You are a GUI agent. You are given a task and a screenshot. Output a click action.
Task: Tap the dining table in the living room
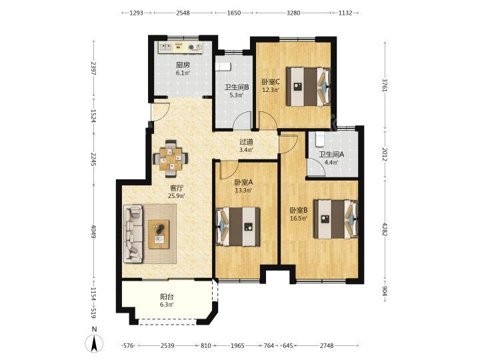[x=171, y=159]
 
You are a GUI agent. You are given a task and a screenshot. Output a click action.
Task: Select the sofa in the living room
[x=133, y=233]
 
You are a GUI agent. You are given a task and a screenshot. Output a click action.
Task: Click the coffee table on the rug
[x=159, y=234]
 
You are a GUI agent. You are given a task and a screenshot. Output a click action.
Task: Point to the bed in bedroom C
[x=308, y=87]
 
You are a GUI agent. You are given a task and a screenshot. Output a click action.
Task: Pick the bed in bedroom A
[x=238, y=227]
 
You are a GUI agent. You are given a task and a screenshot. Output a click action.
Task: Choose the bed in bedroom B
[x=335, y=219]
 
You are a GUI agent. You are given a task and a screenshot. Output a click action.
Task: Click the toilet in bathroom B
[x=223, y=67]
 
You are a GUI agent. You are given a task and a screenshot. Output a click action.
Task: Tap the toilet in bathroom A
[x=319, y=139]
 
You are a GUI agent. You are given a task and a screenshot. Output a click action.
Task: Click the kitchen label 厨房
[x=183, y=65]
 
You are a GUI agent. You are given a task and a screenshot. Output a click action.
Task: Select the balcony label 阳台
[x=167, y=297]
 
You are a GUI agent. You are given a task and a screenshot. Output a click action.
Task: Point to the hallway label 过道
[x=246, y=142]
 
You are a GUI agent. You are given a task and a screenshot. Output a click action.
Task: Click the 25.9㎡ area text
[x=177, y=196]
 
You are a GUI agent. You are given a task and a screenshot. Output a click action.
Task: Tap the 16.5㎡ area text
[x=299, y=218]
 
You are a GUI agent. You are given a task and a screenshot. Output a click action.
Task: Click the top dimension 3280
[x=293, y=13]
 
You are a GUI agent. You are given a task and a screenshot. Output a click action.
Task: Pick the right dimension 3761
[x=385, y=85]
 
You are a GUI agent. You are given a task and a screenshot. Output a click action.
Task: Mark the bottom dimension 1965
[x=237, y=345]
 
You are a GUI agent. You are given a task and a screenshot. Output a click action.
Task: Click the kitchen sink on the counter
[x=165, y=47]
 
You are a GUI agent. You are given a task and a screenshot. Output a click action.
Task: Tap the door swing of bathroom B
[x=242, y=120]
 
